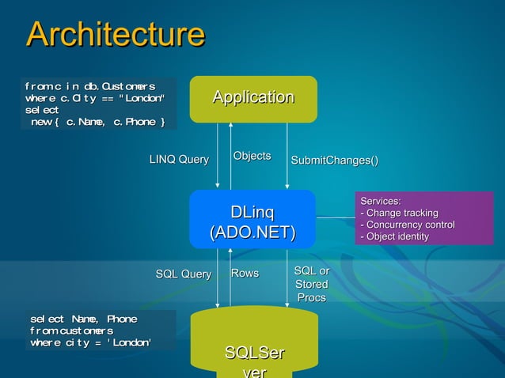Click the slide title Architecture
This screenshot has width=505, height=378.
click(116, 35)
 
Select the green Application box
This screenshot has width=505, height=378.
click(253, 98)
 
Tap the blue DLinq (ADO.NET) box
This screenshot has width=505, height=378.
click(252, 222)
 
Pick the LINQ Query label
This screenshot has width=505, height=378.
click(179, 161)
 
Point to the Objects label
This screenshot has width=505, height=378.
click(252, 156)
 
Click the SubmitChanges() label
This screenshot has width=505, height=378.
click(334, 161)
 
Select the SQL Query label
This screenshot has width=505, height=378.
click(183, 274)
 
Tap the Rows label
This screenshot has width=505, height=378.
click(245, 274)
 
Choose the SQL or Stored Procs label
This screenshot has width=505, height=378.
click(311, 284)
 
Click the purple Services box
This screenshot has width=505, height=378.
click(423, 218)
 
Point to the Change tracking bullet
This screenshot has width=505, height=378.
click(399, 214)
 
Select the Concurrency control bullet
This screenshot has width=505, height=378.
click(407, 225)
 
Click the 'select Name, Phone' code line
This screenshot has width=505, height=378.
click(83, 318)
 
